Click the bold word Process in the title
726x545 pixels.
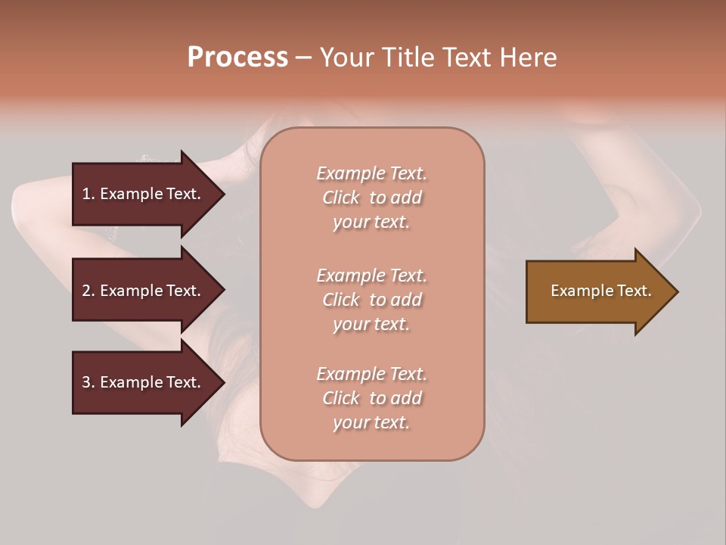coord(237,57)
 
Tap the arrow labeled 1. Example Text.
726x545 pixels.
coord(141,194)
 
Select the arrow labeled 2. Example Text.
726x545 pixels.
coord(141,291)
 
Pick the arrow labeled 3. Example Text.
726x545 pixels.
coord(141,382)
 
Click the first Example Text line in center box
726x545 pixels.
coord(371,173)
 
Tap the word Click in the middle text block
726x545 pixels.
coord(341,300)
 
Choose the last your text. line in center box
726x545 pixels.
coord(371,422)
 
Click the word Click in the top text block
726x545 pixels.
coord(341,198)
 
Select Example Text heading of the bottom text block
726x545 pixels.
coord(371,374)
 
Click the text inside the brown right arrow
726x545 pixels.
coord(601,291)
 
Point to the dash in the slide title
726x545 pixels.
coord(303,58)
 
